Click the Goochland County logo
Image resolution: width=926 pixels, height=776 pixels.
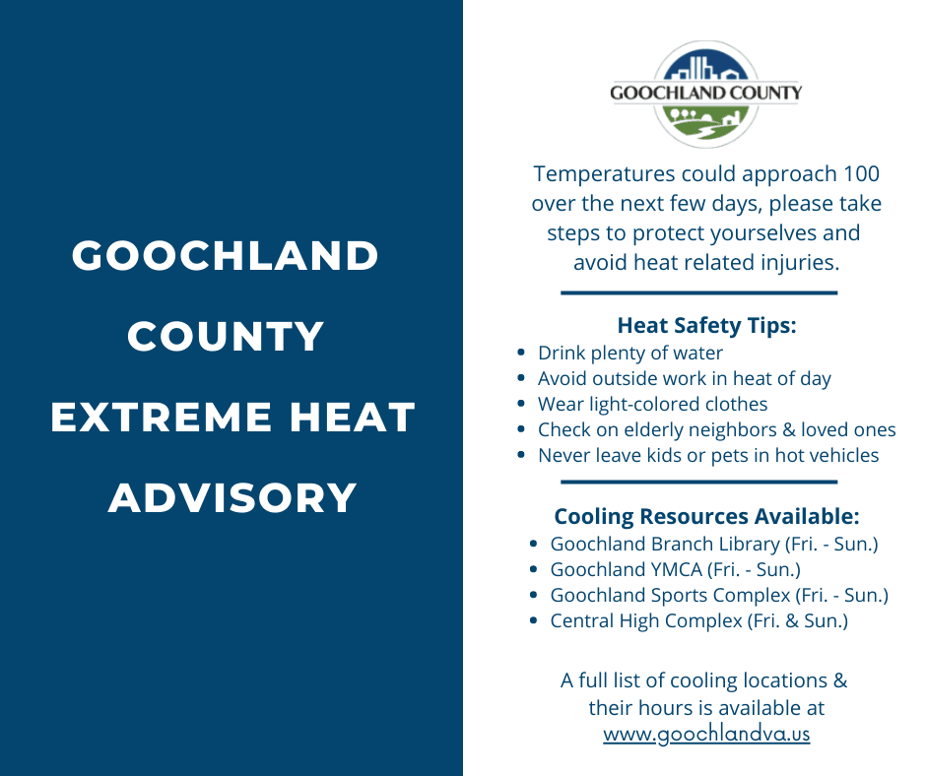pyautogui.click(x=705, y=94)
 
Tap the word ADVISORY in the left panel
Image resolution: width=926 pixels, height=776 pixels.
pyautogui.click(x=232, y=497)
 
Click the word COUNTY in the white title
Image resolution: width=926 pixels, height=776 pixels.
pyautogui.click(x=226, y=337)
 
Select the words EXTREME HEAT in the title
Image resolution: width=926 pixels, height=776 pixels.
pyautogui.click(x=232, y=418)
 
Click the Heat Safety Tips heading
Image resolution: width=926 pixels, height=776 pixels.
pyautogui.click(x=706, y=326)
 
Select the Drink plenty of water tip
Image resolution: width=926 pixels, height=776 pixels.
pyautogui.click(x=629, y=353)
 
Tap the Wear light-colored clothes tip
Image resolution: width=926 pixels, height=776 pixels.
pyautogui.click(x=652, y=404)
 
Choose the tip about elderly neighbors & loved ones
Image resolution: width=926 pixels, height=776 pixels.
pyautogui.click(x=716, y=429)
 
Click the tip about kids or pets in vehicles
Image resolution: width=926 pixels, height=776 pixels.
pyautogui.click(x=707, y=455)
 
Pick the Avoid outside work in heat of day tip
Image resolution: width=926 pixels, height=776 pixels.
pyautogui.click(x=684, y=378)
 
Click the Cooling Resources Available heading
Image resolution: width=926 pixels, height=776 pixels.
pyautogui.click(x=706, y=516)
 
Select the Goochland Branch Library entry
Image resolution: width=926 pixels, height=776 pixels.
pyautogui.click(x=713, y=544)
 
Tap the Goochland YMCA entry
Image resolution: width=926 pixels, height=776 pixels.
pyautogui.click(x=675, y=569)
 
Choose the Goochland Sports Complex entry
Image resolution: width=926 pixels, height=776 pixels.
pyautogui.click(x=718, y=595)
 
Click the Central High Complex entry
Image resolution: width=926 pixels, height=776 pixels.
pyautogui.click(x=698, y=620)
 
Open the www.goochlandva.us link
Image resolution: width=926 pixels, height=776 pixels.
pyautogui.click(x=706, y=734)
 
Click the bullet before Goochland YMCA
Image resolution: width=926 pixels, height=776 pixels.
pyautogui.click(x=533, y=569)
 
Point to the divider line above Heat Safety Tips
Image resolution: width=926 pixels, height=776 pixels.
pyautogui.click(x=698, y=292)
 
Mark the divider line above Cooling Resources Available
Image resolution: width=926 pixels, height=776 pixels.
pyautogui.click(x=698, y=482)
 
